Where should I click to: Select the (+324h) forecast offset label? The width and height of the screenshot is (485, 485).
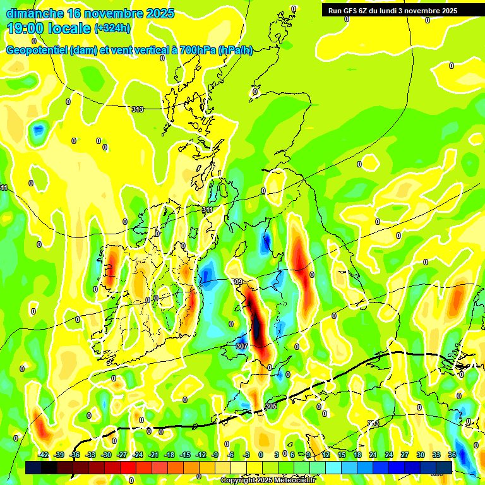[112, 28]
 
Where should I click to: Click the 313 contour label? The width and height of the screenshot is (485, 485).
[137, 109]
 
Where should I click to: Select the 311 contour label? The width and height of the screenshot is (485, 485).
[207, 210]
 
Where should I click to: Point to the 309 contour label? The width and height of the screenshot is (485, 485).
[237, 282]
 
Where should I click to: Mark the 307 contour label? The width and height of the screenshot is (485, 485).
[242, 346]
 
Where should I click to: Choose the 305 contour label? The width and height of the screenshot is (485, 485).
[271, 405]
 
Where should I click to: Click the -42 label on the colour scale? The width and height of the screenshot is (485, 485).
[44, 455]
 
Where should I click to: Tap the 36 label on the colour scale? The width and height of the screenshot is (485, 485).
[452, 455]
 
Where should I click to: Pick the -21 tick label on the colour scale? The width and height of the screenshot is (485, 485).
[153, 455]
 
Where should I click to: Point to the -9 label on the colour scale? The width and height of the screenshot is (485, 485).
[215, 455]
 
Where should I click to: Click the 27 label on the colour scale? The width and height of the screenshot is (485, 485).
[405, 455]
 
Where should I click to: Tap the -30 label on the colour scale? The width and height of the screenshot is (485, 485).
[106, 455]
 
